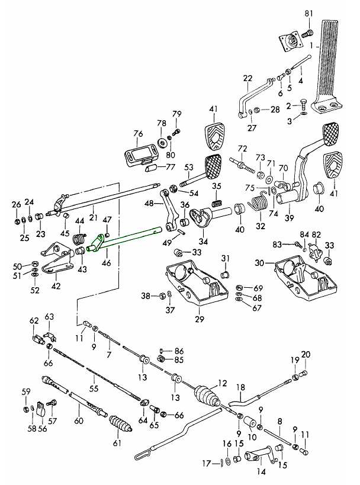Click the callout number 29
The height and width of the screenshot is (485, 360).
pos(200,320)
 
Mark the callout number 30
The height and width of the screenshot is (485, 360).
pos(259,263)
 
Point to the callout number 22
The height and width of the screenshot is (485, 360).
pos(247,78)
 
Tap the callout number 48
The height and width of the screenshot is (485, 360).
pos(149,204)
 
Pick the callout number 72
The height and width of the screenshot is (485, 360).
pos(242,148)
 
